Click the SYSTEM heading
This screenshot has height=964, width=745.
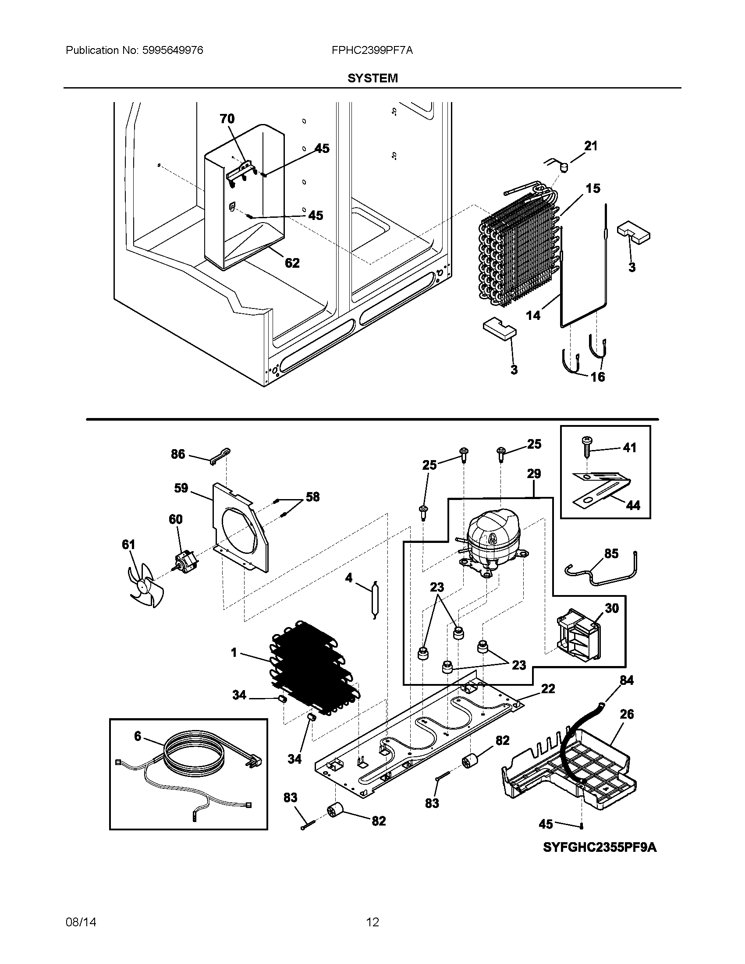coord(372,78)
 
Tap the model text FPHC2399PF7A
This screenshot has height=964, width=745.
coord(372,50)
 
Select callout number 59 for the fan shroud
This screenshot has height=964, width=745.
coord(181,488)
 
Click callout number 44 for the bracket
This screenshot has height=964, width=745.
coord(633,505)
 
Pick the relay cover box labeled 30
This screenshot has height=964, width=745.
coord(578,636)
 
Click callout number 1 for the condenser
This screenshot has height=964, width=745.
coord(234,652)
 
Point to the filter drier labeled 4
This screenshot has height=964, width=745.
coord(373,600)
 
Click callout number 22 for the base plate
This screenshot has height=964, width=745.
coord(548,688)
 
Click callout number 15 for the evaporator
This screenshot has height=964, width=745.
coord(593,188)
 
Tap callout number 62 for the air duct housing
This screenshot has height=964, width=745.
coord(292,263)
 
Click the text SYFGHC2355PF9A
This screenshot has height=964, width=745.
coord(600,847)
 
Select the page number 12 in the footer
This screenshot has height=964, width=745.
coord(372,922)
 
